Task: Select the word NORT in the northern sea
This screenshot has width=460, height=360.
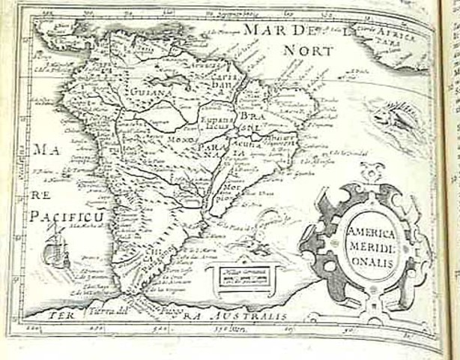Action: point(309,51)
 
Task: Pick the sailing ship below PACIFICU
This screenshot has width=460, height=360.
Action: point(53,247)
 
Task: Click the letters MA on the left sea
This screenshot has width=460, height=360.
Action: point(40,148)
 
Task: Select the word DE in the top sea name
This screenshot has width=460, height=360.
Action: point(301,31)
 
